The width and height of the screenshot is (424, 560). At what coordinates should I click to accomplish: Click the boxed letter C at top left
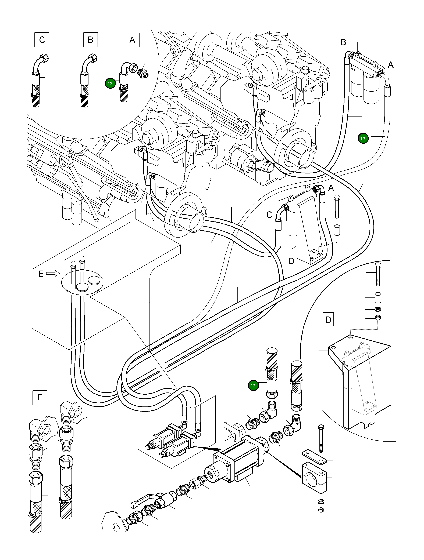coord(42,40)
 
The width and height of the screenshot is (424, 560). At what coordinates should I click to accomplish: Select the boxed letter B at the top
coord(90,40)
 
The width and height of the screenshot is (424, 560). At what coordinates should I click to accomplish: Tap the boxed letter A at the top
coord(132,40)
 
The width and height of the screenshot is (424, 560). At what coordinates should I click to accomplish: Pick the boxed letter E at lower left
coord(40,398)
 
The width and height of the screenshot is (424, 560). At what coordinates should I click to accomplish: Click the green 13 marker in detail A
coord(110,83)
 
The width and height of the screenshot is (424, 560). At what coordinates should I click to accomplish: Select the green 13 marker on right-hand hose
coord(363,139)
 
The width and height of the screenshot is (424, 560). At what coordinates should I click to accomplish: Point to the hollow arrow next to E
coord(53,273)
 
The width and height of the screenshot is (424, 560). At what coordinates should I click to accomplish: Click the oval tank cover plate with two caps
coord(82,282)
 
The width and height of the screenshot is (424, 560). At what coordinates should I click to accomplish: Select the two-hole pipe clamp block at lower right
coord(313,478)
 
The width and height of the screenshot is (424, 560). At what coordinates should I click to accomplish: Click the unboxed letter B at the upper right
coord(343,42)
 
